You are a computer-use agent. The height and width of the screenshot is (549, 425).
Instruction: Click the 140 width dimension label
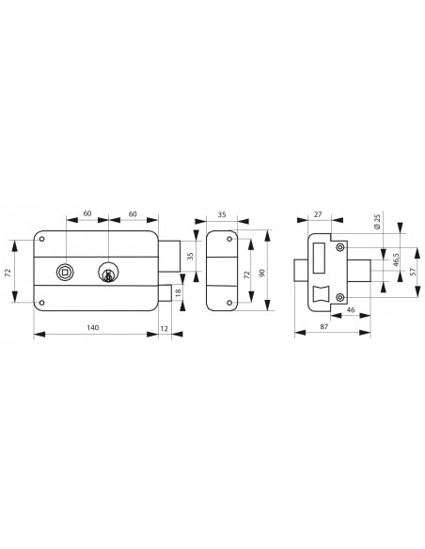[93, 327]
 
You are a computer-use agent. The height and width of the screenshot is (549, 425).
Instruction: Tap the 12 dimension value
[164, 329]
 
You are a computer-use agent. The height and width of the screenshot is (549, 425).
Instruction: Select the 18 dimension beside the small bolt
[179, 291]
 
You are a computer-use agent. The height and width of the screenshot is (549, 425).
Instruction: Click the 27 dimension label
[318, 214]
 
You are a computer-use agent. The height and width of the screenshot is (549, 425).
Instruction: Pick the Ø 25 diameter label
[377, 222]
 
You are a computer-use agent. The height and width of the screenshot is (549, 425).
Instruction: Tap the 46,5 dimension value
[396, 259]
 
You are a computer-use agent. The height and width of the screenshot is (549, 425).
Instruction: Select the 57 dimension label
[413, 272]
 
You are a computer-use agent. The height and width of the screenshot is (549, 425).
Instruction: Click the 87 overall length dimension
[324, 326]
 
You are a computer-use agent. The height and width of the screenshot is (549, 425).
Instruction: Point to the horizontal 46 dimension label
[350, 310]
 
